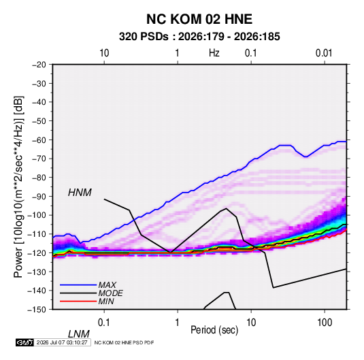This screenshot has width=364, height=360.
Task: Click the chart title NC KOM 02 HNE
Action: pyautogui.click(x=199, y=19)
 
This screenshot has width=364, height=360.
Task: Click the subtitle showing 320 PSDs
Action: pyautogui.click(x=199, y=37)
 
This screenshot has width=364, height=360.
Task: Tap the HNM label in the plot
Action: pyautogui.click(x=80, y=193)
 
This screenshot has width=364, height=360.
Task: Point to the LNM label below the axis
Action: pyautogui.click(x=79, y=334)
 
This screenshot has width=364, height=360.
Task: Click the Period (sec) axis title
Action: pyautogui.click(x=214, y=330)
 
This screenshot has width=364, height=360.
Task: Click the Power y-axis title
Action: pyautogui.click(x=18, y=187)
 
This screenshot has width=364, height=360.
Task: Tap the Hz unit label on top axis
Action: pyautogui.click(x=214, y=53)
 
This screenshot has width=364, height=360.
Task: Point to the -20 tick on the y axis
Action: pyautogui.click(x=39, y=65)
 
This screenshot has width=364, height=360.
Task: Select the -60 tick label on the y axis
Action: pyautogui.click(x=39, y=140)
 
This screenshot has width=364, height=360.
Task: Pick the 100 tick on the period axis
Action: pyautogui.click(x=325, y=323)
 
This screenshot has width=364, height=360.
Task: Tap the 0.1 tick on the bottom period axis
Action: pyautogui.click(x=104, y=323)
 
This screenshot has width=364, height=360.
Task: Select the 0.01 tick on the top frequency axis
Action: pyautogui.click(x=324, y=53)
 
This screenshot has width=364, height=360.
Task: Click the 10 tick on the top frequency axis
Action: pyautogui.click(x=104, y=53)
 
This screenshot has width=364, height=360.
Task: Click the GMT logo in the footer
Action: pyautogui.click(x=24, y=342)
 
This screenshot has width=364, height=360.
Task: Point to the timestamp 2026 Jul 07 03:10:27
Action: pyautogui.click(x=62, y=342)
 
